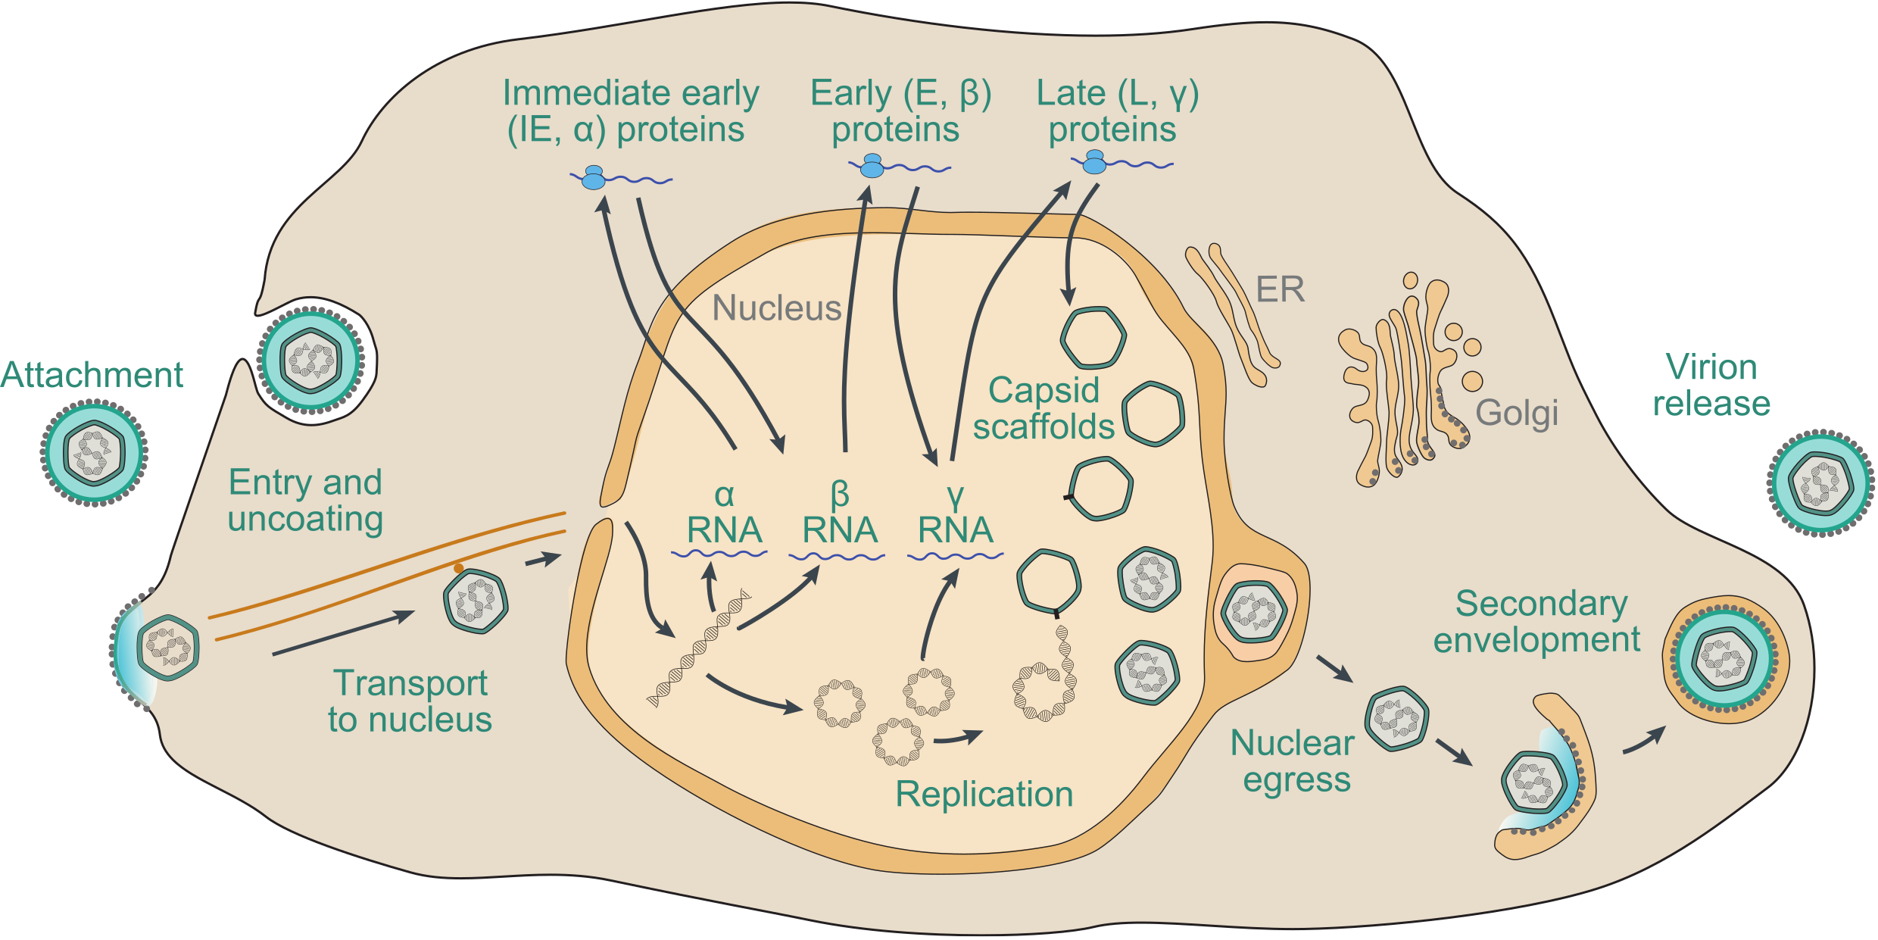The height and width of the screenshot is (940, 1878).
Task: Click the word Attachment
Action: [x=92, y=375]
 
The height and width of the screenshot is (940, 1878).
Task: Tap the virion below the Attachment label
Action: [x=94, y=453]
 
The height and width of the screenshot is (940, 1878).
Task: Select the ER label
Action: [x=1280, y=289]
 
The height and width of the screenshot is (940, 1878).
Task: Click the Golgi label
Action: [x=1516, y=414]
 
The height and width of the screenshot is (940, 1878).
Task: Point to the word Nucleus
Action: [x=777, y=308]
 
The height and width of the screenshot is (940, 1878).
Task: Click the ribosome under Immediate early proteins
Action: [x=594, y=178]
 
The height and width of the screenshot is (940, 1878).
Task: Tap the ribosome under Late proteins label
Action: [x=1095, y=162]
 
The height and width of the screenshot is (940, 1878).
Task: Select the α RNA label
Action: [x=724, y=515]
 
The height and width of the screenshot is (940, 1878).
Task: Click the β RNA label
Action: [x=840, y=515]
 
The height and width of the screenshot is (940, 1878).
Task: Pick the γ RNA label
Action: [x=955, y=515]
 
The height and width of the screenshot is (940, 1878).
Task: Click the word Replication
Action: [x=984, y=795]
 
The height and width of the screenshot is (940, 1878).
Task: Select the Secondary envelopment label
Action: [x=1537, y=622]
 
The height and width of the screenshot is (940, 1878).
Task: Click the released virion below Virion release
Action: [x=1820, y=483]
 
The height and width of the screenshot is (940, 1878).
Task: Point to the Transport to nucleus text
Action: [x=410, y=701]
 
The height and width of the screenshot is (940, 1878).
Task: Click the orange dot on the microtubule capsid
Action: [x=459, y=568]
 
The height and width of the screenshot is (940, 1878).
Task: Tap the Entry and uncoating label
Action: [x=305, y=501]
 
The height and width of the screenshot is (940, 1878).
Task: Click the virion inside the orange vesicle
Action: [x=1724, y=659]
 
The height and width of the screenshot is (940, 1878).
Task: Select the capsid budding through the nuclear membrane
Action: [x=1253, y=611]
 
